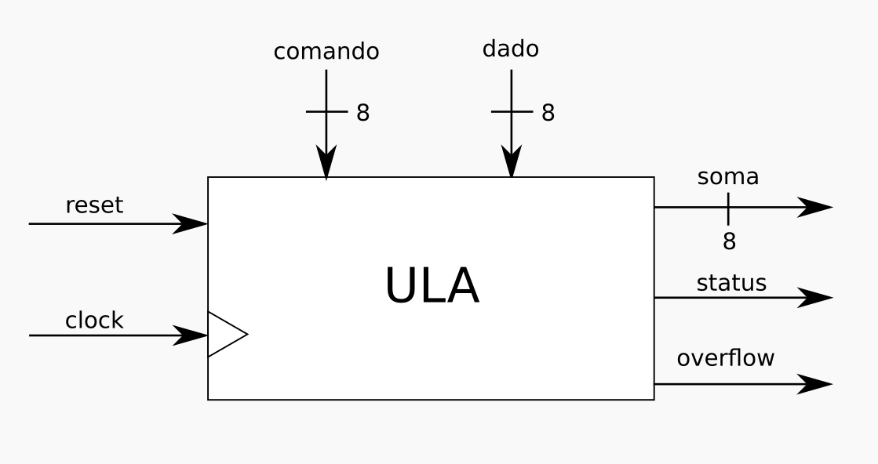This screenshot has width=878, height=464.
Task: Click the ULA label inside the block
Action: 431,286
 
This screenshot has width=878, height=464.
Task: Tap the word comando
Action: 326,52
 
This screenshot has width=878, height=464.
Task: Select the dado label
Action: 511,49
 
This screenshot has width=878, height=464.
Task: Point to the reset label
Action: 94,205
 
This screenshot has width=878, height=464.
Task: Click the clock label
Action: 94,320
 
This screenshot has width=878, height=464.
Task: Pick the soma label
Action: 728,177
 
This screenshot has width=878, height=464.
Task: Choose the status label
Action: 731,283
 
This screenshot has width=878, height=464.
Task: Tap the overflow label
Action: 725,358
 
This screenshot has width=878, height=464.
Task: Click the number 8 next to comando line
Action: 362,113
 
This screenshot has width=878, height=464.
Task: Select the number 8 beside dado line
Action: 548,113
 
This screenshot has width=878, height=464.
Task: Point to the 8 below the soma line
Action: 729,241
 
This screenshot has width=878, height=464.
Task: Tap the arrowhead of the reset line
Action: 191,223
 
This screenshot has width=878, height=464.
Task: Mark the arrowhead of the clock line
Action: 191,335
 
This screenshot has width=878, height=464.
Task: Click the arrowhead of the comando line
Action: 326,163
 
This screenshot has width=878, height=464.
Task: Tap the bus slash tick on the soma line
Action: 728,208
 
